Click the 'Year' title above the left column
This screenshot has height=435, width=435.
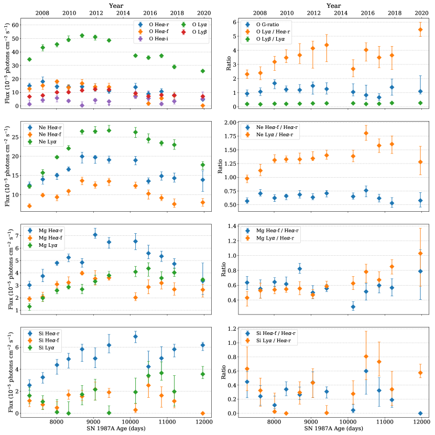pyautogui.click(x=116, y=5)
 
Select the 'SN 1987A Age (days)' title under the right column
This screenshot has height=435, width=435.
pyautogui.click(x=329, y=429)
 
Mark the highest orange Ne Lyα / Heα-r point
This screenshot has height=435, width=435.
pyautogui.click(x=365, y=133)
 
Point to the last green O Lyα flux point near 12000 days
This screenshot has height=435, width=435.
pyautogui.click(x=203, y=71)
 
